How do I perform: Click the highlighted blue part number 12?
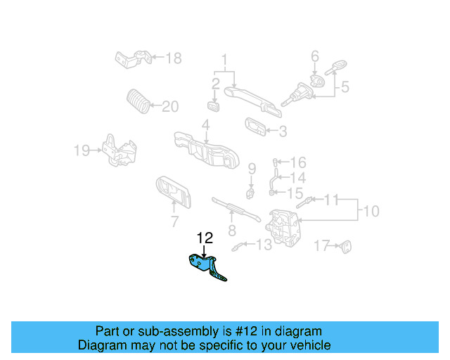pyautogui.click(x=205, y=266)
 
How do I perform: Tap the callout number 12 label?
pyautogui.click(x=204, y=238)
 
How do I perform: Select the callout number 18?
pyautogui.click(x=173, y=58)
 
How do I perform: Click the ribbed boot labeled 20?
pyautogui.click(x=139, y=102)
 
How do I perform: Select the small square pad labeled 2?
pyautogui.click(x=214, y=106)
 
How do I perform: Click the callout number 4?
pyautogui.click(x=205, y=125)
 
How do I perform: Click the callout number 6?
pyautogui.click(x=315, y=56)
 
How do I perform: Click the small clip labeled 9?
pyautogui.click(x=250, y=191)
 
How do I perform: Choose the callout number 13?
pyautogui.click(x=263, y=245)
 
